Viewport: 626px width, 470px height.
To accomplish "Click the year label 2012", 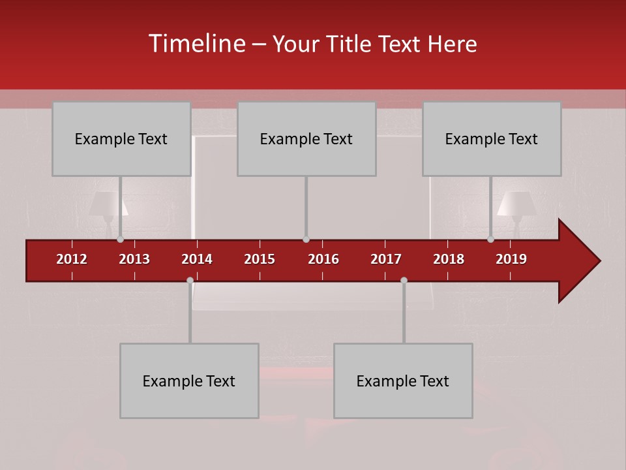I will point(72,259).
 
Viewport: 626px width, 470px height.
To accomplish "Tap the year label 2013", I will point(134,259).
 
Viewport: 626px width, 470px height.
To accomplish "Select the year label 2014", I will point(197,259).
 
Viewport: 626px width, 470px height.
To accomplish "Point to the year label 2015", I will point(260,259).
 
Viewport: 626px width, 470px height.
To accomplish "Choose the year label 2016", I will point(323,259).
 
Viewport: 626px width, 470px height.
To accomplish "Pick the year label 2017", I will point(386,259).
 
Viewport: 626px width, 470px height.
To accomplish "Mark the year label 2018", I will point(449,259).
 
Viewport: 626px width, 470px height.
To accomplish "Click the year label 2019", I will point(511,259).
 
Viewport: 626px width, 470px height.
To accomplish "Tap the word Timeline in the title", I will point(196,44).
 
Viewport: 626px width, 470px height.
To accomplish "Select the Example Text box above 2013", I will point(121,138).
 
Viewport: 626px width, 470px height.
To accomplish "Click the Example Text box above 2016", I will point(306,138).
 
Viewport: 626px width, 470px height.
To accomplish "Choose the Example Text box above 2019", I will point(492,138).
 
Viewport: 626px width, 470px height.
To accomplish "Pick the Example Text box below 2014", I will point(189,381).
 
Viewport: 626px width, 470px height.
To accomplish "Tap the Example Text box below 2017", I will point(403,381).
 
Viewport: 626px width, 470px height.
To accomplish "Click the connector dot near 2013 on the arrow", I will point(120,240).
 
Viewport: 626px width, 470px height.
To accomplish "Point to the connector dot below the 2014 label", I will point(190,280).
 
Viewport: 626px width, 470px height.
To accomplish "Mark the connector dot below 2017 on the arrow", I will point(404,280).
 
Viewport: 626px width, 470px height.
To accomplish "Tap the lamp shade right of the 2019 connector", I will point(517,204).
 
